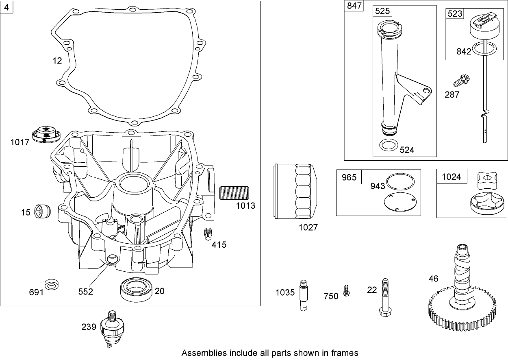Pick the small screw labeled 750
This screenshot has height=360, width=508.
(x=346, y=290)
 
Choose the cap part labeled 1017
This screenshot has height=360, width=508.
(x=46, y=135)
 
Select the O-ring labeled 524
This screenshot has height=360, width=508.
(x=388, y=145)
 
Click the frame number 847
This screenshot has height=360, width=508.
(x=353, y=7)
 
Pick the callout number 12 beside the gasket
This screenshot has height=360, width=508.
(x=57, y=61)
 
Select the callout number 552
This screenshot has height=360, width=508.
(x=86, y=292)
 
